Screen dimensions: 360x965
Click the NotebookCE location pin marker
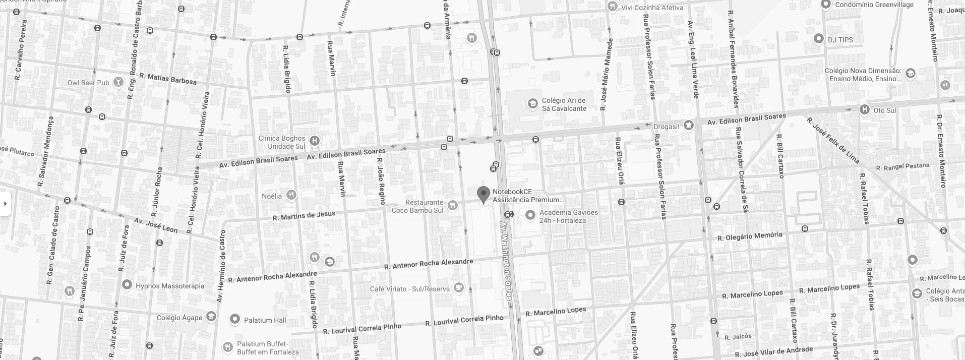484,194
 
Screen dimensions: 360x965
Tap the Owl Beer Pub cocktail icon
118,82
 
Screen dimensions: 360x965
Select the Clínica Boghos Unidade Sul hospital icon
315,141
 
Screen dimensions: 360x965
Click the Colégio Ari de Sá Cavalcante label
564,104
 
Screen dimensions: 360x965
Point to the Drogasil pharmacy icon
688,125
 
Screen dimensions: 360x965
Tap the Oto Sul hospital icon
865,110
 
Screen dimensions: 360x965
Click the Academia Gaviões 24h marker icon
530,215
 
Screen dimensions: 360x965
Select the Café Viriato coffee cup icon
458,287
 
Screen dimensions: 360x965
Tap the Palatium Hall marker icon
234,319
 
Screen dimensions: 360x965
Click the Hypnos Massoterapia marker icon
127,285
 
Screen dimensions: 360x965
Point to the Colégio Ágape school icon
211,317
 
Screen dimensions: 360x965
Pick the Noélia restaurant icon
291,195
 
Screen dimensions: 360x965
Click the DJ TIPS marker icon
819,39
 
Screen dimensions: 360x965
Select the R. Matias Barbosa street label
168,78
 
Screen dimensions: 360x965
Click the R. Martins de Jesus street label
304,216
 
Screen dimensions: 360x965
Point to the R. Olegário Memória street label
750,236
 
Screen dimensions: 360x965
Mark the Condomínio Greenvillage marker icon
826,5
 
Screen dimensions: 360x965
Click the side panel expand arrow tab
5,204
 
